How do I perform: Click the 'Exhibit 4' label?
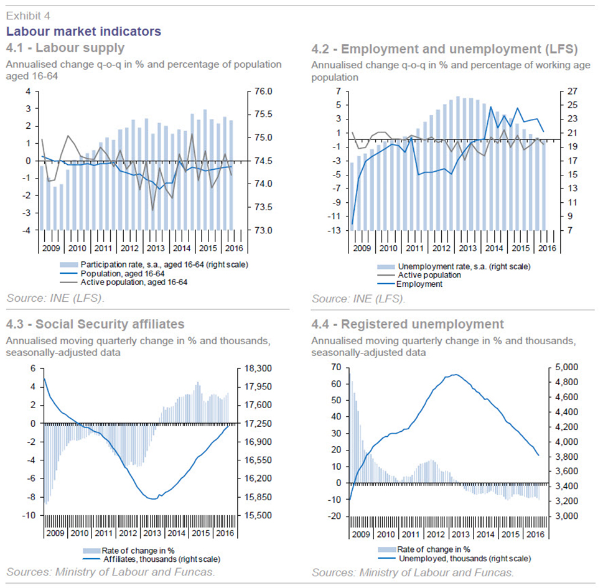(x=28, y=16)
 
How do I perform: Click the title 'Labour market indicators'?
(x=83, y=31)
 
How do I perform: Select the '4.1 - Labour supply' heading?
(x=65, y=48)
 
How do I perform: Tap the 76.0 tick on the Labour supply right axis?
(x=263, y=91)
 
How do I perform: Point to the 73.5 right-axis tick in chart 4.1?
(x=263, y=207)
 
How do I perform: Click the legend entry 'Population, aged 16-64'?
(x=123, y=273)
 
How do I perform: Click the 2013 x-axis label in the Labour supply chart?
(x=156, y=248)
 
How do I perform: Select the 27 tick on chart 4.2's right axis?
(x=573, y=91)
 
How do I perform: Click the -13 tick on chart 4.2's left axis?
(x=334, y=230)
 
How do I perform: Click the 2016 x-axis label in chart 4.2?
(x=547, y=248)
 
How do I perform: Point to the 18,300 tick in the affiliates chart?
(x=258, y=368)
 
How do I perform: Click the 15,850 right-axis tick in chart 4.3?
(x=258, y=497)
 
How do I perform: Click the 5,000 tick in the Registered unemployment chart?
(x=567, y=367)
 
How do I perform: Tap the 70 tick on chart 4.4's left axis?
(x=336, y=367)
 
